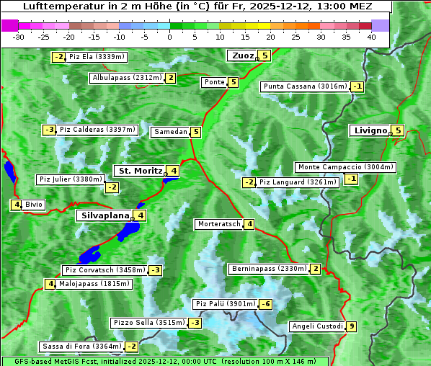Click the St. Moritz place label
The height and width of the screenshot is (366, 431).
click(140, 171)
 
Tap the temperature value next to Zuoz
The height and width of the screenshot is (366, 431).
click(265, 55)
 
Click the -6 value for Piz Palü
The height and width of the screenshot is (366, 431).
click(266, 304)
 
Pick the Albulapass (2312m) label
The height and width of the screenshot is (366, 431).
click(127, 78)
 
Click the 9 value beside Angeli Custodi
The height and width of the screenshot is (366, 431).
click(351, 326)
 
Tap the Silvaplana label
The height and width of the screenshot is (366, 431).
click(105, 215)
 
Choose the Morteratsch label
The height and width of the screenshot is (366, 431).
click(219, 224)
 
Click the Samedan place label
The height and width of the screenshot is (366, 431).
click(170, 132)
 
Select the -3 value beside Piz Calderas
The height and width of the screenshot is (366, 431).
click(49, 130)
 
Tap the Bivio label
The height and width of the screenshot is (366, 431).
click(34, 205)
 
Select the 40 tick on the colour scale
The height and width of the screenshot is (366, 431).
click(371, 37)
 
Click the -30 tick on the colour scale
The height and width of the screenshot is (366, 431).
click(19, 37)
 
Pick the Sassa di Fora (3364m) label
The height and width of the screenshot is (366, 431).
click(81, 347)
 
